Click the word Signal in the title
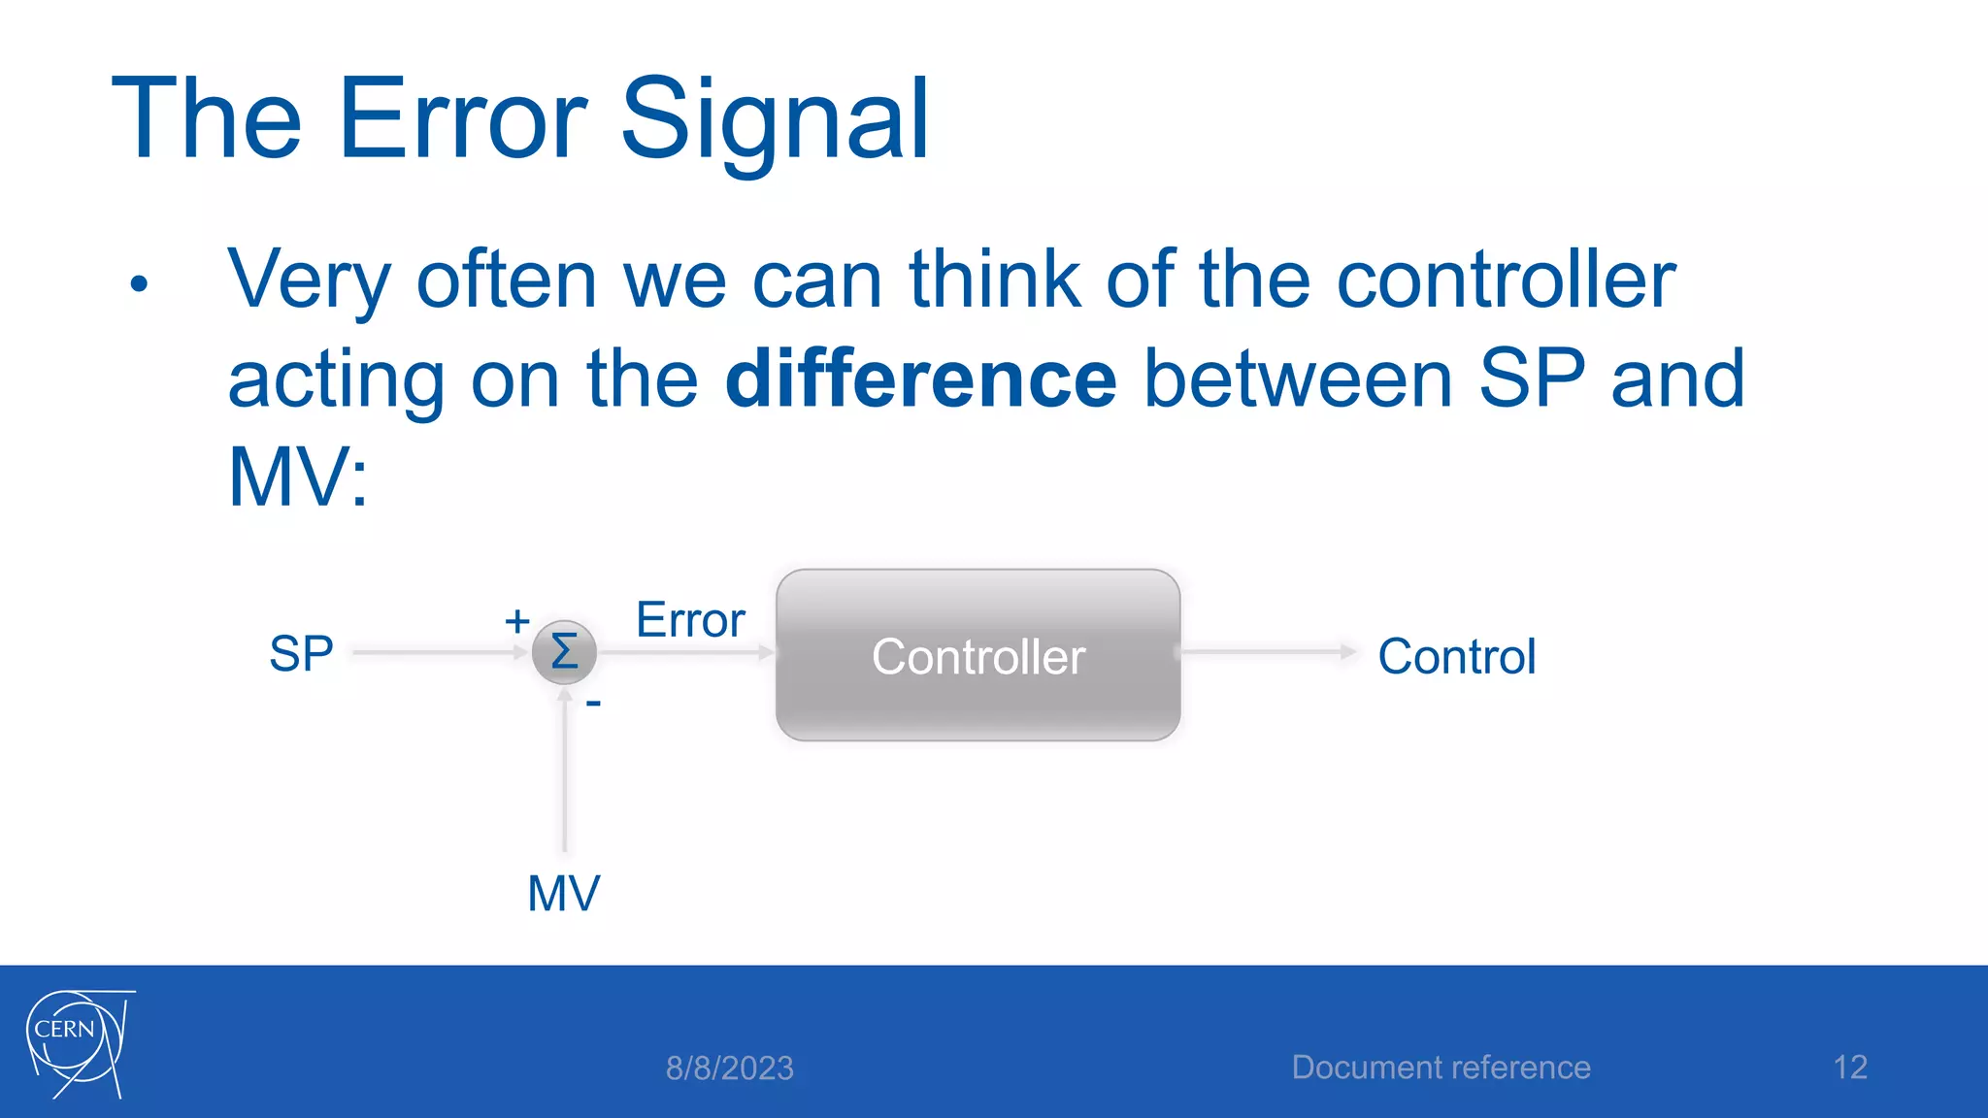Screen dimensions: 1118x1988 coord(774,120)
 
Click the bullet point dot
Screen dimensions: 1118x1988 coord(140,284)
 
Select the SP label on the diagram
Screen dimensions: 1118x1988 coord(301,653)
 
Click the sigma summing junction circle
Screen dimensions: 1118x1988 coord(564,652)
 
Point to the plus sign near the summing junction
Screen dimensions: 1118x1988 coord(517,621)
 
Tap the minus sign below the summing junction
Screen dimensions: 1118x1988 coord(593,703)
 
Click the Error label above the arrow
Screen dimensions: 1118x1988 coord(690,620)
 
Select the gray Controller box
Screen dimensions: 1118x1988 coord(977,656)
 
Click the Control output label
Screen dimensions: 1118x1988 coord(1456,657)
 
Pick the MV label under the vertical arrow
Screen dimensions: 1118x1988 coord(564,893)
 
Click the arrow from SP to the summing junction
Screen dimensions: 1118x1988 coord(437,652)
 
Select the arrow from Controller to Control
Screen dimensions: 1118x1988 coord(1267,652)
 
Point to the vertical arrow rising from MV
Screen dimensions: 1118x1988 coord(565,776)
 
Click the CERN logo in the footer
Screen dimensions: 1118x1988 coord(78,1043)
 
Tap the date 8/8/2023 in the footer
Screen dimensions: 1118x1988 coord(729,1069)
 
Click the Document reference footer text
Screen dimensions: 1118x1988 coord(1441,1068)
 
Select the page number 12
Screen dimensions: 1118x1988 coord(1850,1068)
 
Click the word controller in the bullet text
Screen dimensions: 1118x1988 coord(1506,280)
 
